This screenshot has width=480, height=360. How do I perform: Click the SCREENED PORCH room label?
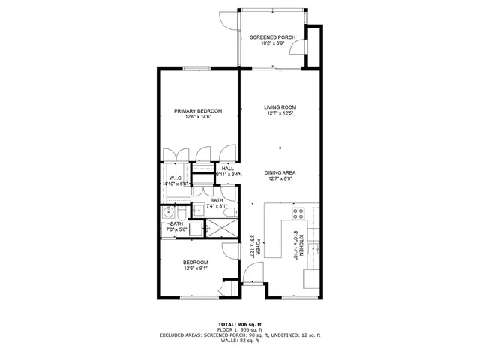click(x=272, y=37)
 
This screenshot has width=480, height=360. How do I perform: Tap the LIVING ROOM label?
click(x=280, y=106)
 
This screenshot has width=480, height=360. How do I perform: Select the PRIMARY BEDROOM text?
click(x=198, y=110)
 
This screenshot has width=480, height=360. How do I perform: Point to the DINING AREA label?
click(x=280, y=172)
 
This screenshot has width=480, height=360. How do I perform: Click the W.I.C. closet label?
click(x=176, y=178)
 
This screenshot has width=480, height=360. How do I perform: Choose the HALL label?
click(x=227, y=169)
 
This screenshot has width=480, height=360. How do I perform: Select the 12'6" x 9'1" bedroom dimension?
click(x=196, y=268)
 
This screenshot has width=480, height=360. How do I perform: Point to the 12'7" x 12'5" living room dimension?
click(x=280, y=113)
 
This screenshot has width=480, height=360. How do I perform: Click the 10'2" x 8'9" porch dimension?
click(x=272, y=43)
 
